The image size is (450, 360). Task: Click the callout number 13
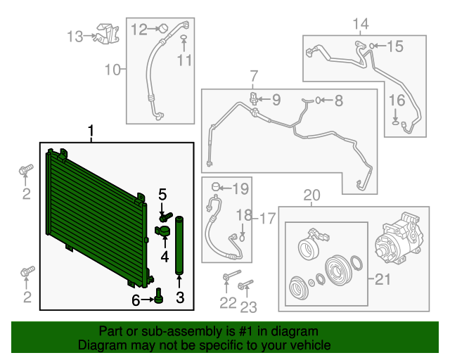(x=75, y=37)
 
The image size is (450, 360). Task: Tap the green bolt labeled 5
(x=166, y=217)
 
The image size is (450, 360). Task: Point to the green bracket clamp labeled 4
(x=162, y=231)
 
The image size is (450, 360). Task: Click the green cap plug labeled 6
(x=158, y=296)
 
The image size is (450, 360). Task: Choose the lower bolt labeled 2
(x=27, y=271)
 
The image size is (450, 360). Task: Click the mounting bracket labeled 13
(x=108, y=34)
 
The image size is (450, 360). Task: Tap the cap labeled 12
(x=164, y=28)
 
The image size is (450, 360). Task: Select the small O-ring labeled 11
(x=184, y=37)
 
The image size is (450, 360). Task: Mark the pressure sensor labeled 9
(x=254, y=98)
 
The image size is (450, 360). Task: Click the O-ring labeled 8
(x=318, y=100)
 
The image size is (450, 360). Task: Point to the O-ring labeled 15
(x=372, y=46)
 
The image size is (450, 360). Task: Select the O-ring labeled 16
(x=395, y=123)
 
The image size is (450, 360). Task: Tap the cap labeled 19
(x=216, y=187)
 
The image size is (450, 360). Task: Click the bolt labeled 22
(x=231, y=275)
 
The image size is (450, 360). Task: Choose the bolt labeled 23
(x=245, y=285)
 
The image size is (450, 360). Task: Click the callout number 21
(x=382, y=279)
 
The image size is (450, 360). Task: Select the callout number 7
(x=254, y=77)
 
